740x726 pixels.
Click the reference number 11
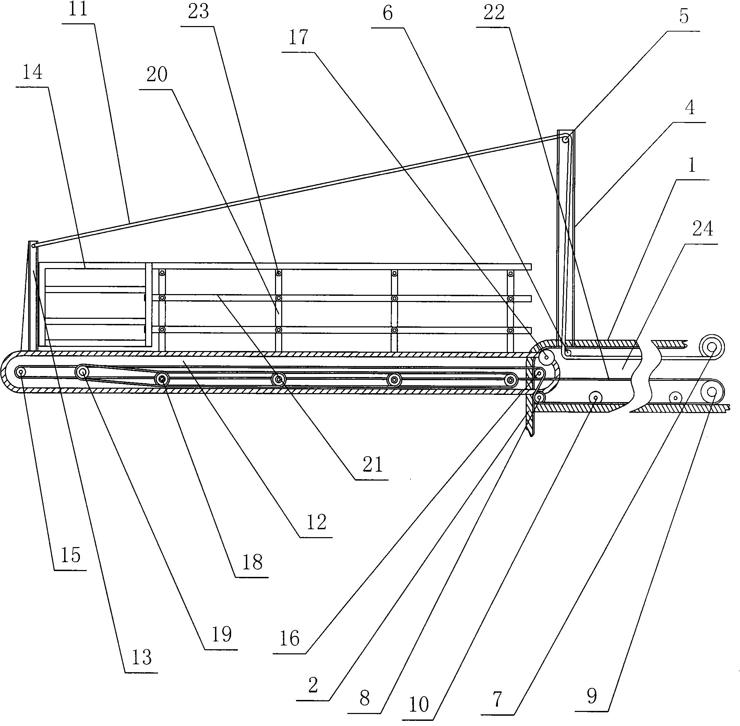(79, 10)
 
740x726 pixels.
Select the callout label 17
(298, 38)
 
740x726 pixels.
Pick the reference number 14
(33, 72)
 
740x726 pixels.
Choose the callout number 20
(157, 74)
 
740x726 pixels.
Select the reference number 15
(71, 556)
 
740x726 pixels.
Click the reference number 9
(592, 697)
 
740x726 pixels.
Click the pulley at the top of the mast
(566, 140)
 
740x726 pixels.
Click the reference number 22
(494, 13)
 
